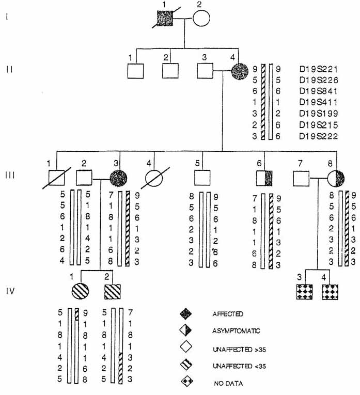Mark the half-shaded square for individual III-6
pyautogui.click(x=264, y=179)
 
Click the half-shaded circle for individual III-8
pyautogui.click(x=336, y=179)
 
